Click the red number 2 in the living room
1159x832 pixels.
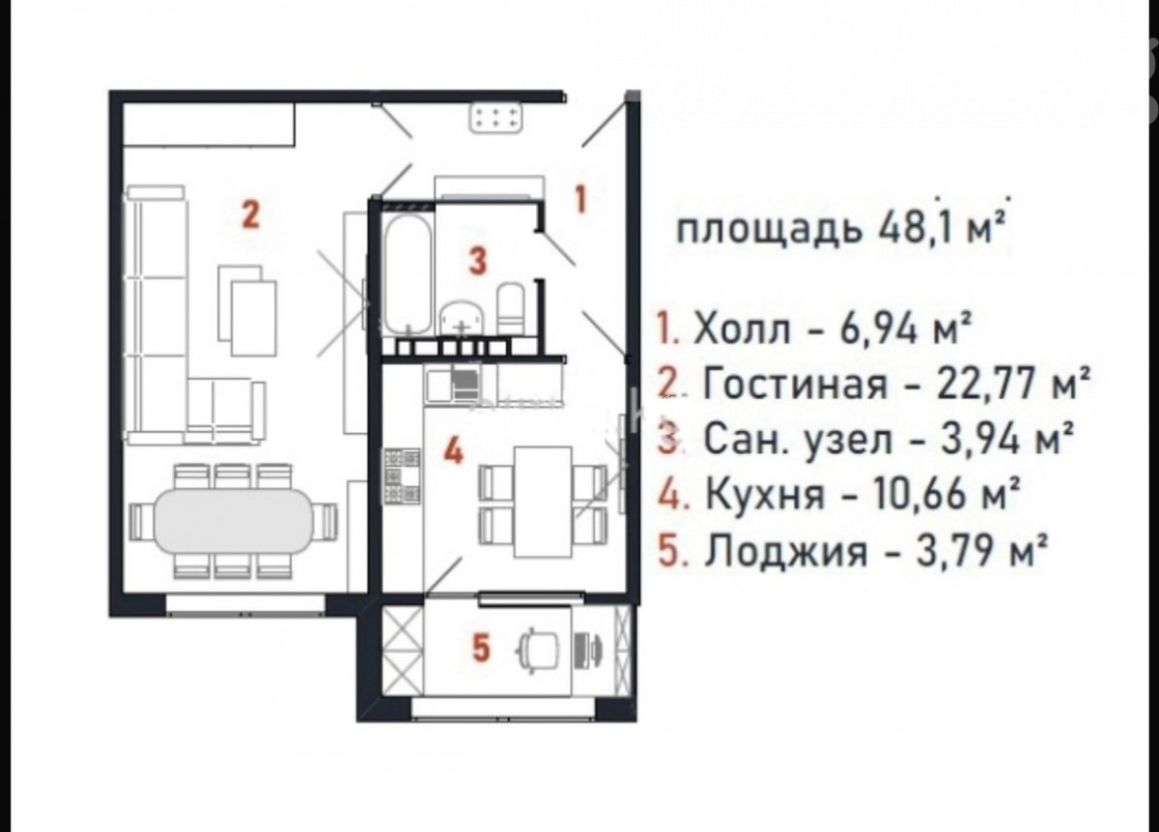pos(251,215)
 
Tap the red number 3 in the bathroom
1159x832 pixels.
pos(477,261)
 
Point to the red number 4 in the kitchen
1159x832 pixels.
pos(453,451)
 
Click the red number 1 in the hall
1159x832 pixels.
pos(581,200)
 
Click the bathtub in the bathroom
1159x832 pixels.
pos(409,273)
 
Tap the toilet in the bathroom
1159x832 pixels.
pos(512,308)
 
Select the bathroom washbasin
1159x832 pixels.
pos(462,318)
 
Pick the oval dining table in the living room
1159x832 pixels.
pos(234,520)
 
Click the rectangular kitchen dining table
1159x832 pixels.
pos(543,502)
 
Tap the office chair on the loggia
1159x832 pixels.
pos(539,649)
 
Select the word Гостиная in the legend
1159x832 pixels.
pos(794,386)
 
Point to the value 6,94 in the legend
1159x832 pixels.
pos(878,330)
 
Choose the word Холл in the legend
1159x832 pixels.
pos(743,330)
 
